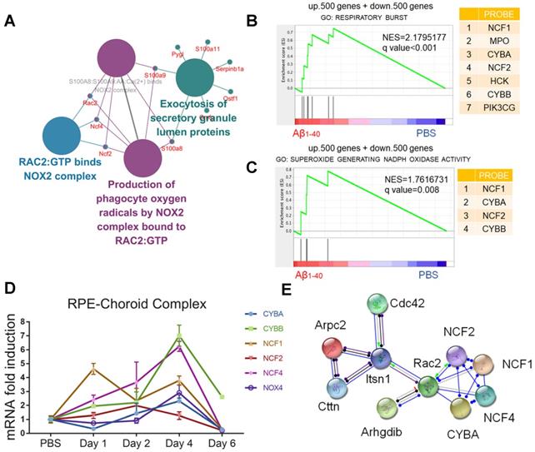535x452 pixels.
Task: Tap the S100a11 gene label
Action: tap(207, 50)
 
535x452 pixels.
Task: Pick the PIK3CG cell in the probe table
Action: tap(495, 130)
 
